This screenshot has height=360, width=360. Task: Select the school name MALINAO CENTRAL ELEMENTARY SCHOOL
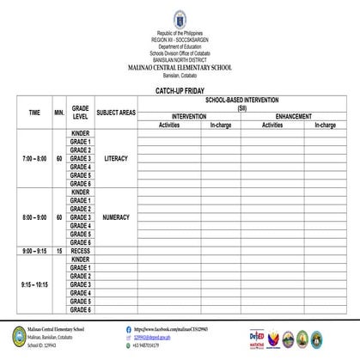[179, 67]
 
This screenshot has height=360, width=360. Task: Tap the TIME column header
[34, 113]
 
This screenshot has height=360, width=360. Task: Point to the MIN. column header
[59, 113]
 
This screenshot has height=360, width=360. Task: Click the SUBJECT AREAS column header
[116, 113]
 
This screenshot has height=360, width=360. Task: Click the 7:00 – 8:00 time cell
[34, 159]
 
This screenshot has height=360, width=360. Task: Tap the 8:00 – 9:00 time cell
[34, 217]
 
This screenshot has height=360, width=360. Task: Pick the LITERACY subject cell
[116, 159]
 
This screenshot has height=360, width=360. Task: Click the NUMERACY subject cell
[116, 217]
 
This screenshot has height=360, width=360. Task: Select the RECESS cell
[81, 251]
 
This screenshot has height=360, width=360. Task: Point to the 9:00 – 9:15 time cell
[34, 251]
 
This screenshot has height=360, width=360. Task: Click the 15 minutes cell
[59, 251]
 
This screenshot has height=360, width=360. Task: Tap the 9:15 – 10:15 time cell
[34, 284]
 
